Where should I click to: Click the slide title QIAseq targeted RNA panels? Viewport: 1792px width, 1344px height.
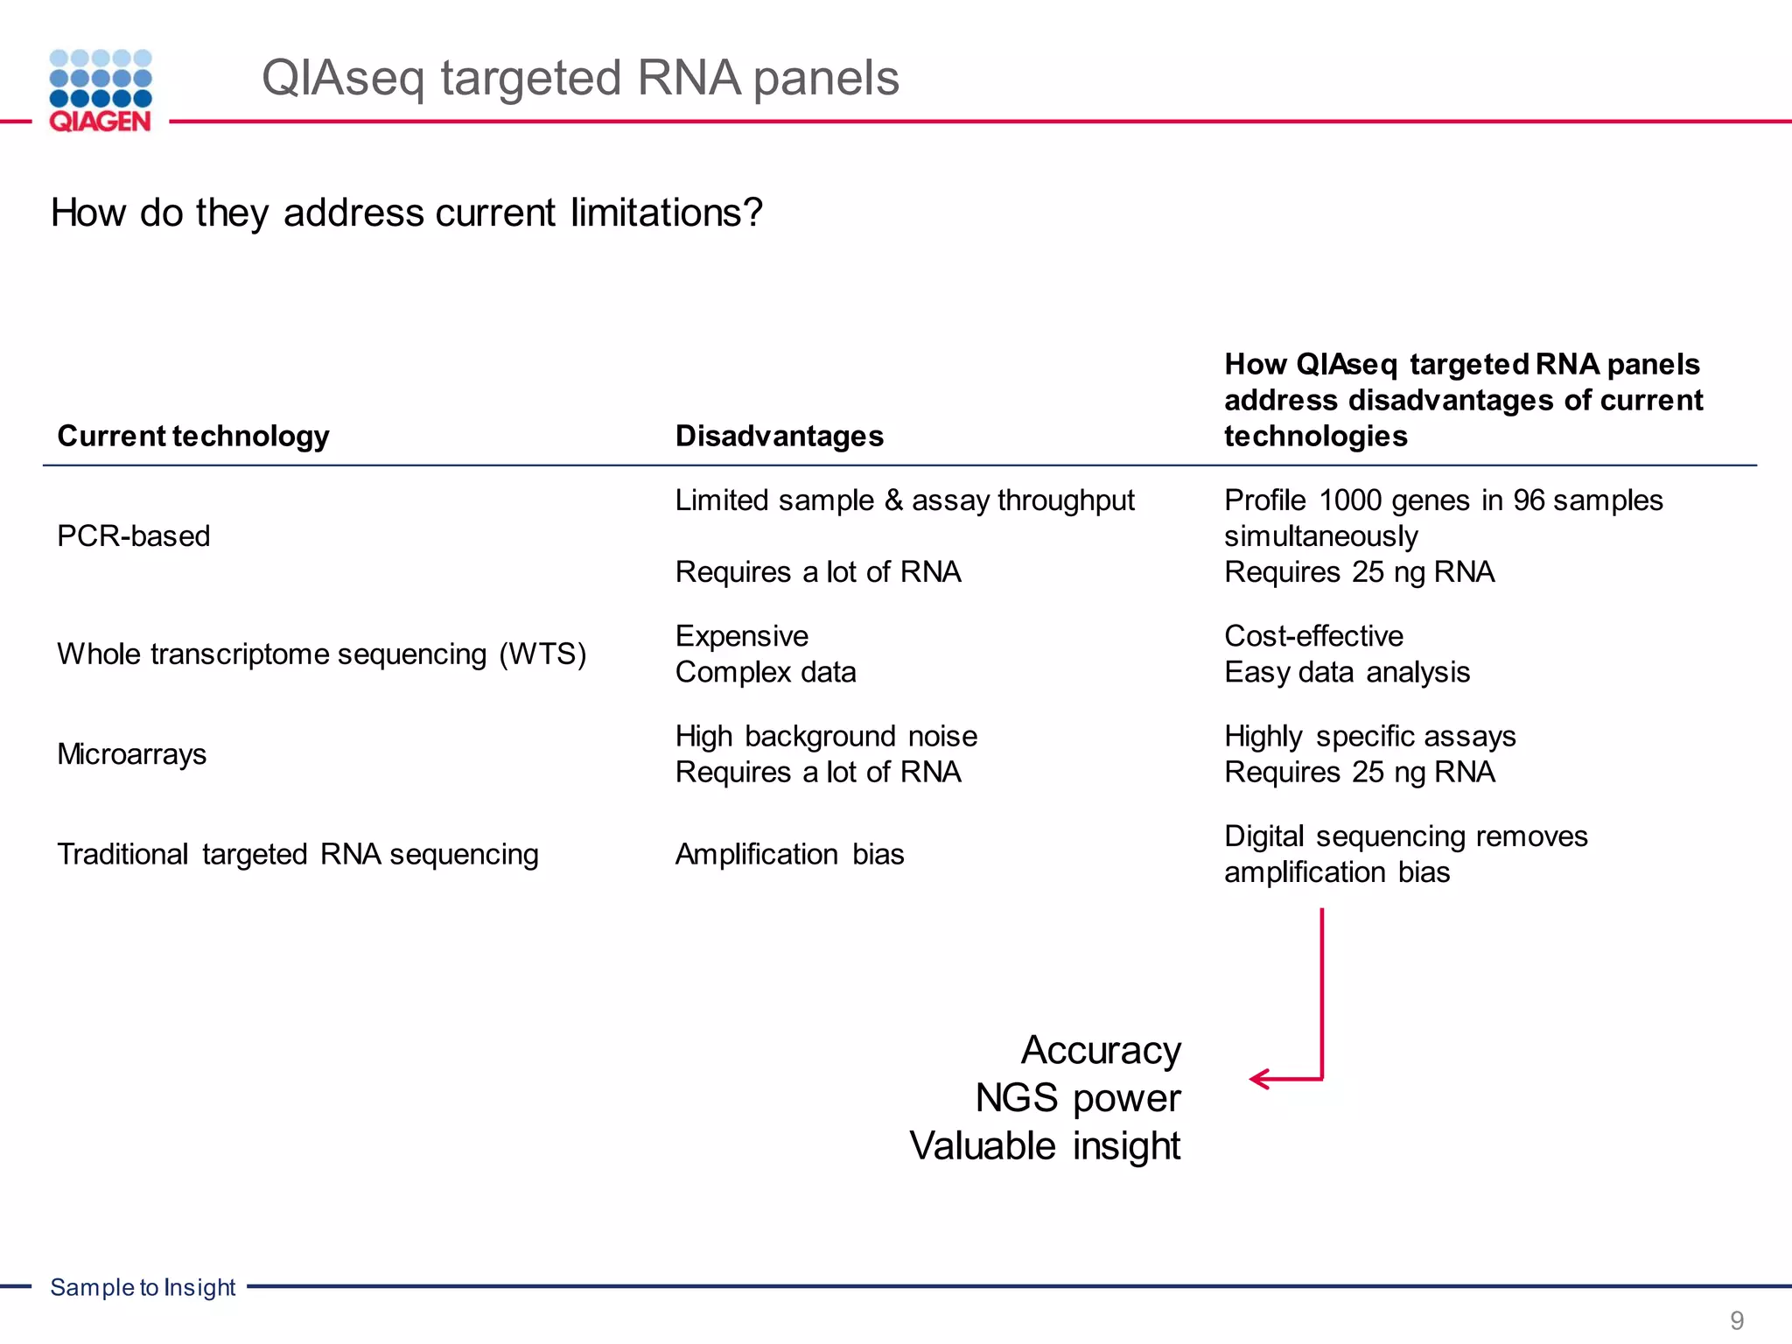580,78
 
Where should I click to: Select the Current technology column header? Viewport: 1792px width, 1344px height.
193,436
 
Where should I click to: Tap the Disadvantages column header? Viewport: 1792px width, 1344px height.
779,436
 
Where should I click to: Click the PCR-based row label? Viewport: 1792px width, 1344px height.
134,535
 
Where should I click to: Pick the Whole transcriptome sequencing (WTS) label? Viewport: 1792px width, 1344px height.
321,654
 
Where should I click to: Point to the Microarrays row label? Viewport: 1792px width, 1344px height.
132,754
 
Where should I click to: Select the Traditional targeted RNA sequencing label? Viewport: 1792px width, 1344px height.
297,854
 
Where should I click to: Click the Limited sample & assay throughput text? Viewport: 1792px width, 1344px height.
904,500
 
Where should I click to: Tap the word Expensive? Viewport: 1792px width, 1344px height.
741,635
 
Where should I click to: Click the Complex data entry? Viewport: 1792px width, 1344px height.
765,672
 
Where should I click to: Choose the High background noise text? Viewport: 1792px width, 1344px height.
825,736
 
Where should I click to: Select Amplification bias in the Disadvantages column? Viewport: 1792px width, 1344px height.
789,854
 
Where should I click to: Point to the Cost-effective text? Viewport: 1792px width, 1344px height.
1313,635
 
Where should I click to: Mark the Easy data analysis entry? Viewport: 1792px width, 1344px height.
1347,672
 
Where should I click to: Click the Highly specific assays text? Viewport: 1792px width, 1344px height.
1369,736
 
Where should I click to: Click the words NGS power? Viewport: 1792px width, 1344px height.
1078,1098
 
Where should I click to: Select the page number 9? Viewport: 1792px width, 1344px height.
1737,1319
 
